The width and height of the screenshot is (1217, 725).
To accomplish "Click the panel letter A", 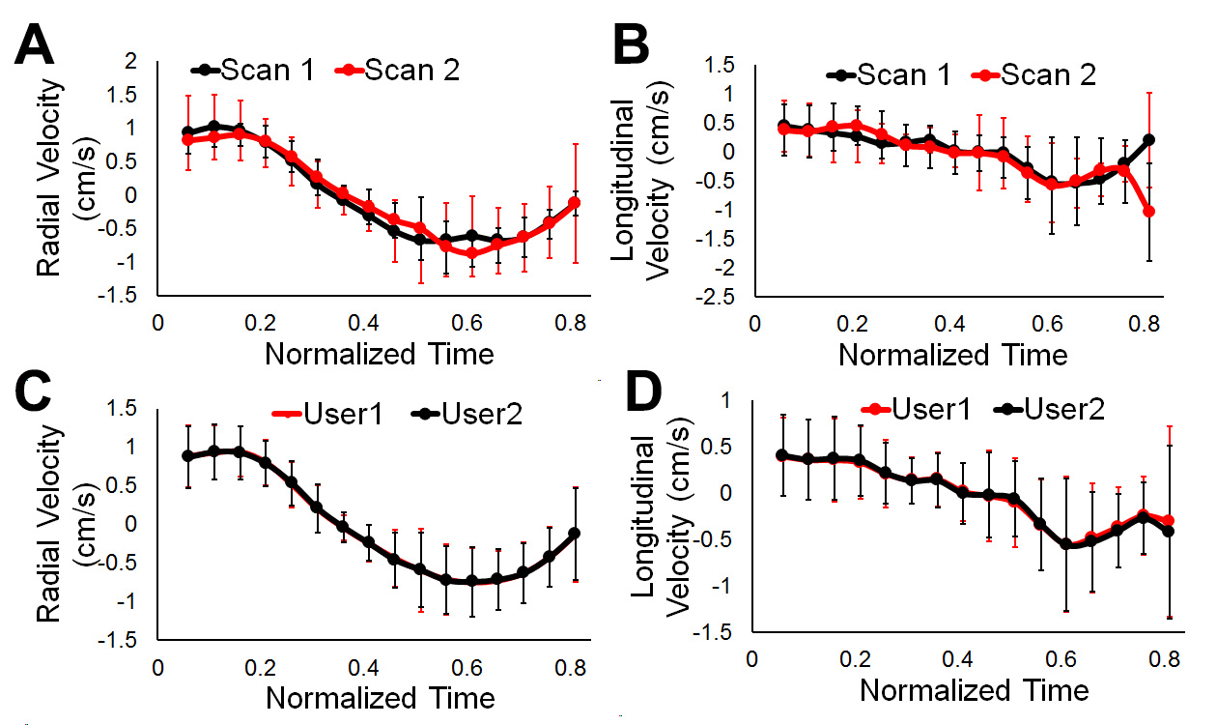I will tap(41, 45).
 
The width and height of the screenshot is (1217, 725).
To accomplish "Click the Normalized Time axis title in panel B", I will tap(952, 354).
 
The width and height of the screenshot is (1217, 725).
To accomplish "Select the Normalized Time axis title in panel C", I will tap(381, 697).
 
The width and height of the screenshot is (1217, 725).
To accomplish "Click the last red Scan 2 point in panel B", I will tap(1149, 211).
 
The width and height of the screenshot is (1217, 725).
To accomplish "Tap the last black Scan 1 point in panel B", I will tap(1149, 139).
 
